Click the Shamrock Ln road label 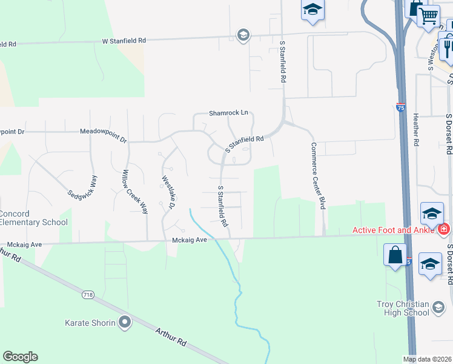229,113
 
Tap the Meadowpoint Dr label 104,131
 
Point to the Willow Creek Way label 135,192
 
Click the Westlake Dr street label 168,193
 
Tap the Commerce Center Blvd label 319,176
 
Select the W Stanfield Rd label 124,41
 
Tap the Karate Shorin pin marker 125,322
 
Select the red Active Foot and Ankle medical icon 444,229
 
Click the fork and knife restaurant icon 448,47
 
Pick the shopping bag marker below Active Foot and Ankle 395,255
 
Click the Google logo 20,357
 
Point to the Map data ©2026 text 427,359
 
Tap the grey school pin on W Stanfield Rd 243,34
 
